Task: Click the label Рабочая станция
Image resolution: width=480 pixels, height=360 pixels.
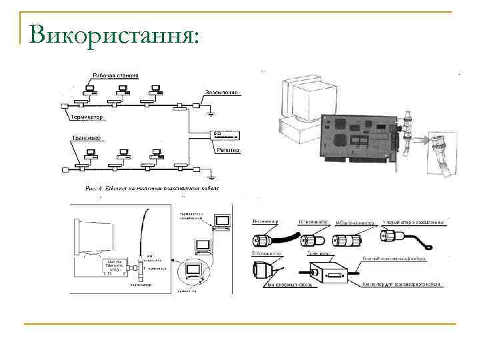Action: pos(115,75)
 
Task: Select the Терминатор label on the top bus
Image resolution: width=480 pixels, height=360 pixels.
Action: pos(87,117)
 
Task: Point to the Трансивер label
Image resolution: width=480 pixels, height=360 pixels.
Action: pos(86,139)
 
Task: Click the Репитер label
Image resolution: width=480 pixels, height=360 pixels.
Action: pos(227,151)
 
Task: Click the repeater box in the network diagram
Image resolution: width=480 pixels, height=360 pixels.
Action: pos(224,135)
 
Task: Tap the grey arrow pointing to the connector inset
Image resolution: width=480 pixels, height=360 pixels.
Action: pos(419,141)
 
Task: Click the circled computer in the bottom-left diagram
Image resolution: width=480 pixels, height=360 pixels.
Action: pos(194,271)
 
